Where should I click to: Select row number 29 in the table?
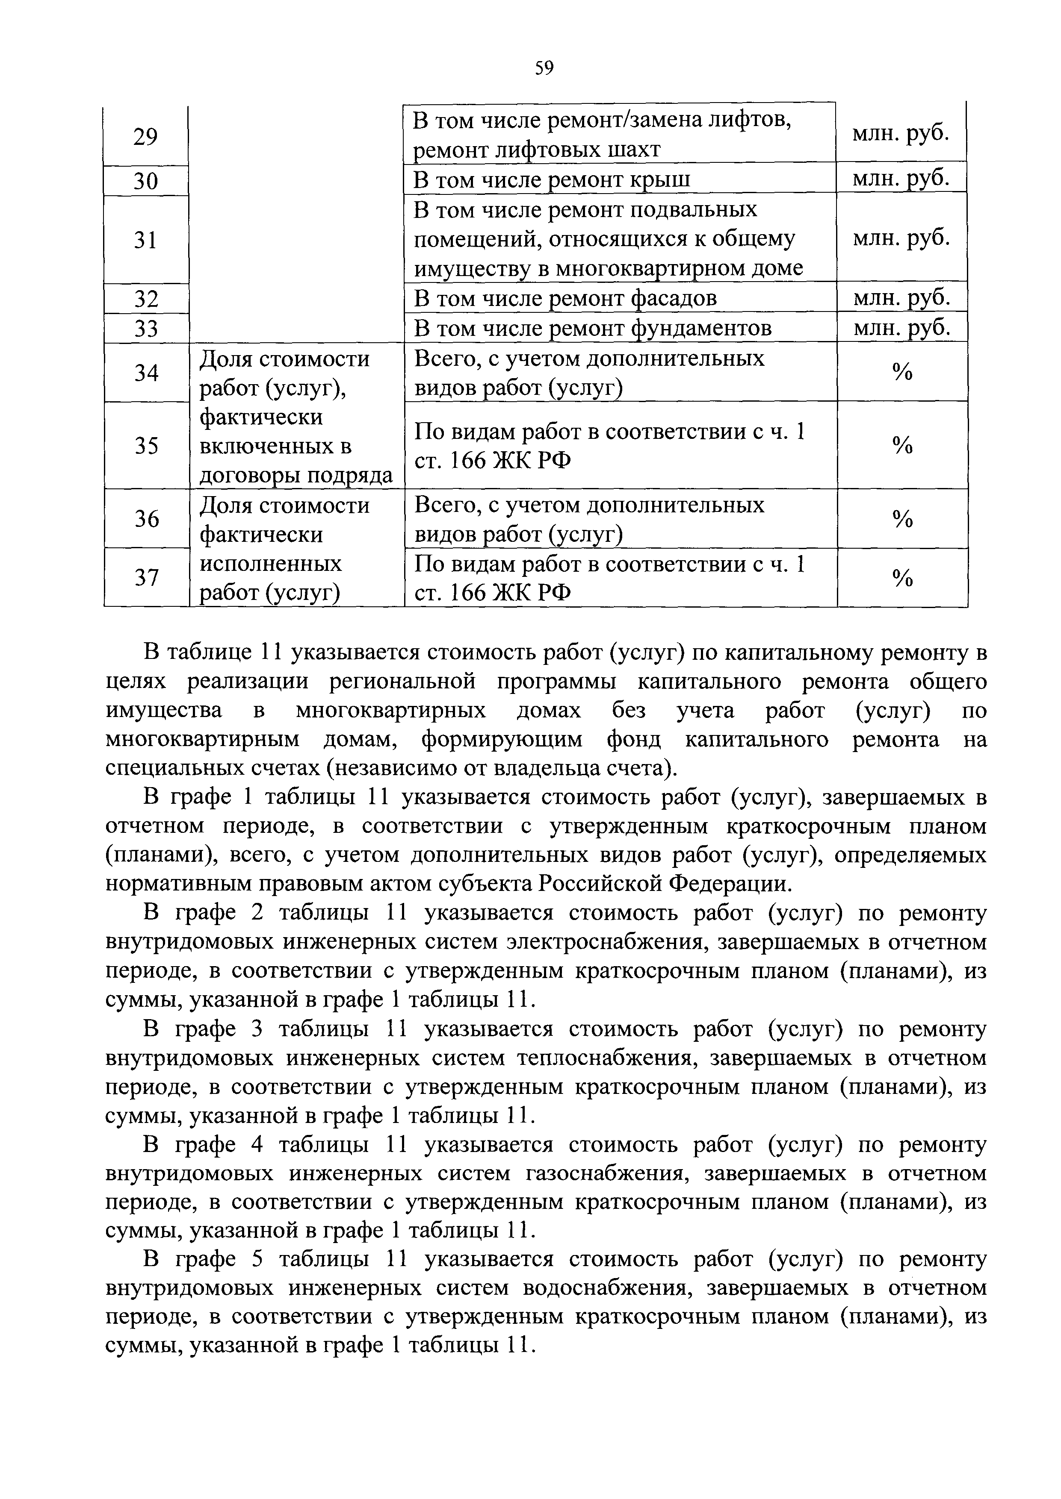click(x=145, y=137)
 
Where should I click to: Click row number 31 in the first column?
click(x=145, y=240)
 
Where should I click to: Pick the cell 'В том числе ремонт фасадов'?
click(x=566, y=298)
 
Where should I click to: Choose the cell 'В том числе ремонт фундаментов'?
click(x=593, y=328)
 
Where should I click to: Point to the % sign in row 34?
click(x=901, y=372)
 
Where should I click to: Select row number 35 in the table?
click(x=145, y=446)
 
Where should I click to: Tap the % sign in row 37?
click(x=901, y=578)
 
